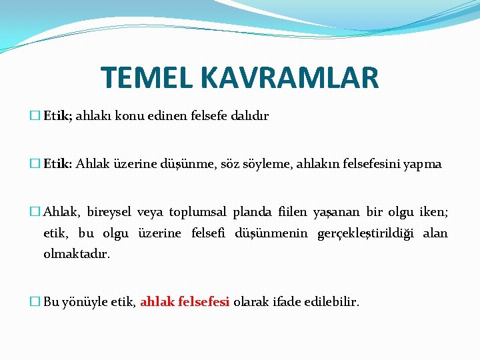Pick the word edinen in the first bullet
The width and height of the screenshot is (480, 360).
coord(160,116)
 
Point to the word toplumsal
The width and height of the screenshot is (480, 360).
coord(198,213)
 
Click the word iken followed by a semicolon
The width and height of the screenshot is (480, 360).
coord(434,213)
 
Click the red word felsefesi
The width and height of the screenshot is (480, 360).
coord(204,302)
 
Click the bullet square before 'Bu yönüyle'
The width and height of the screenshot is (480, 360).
coord(36,302)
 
